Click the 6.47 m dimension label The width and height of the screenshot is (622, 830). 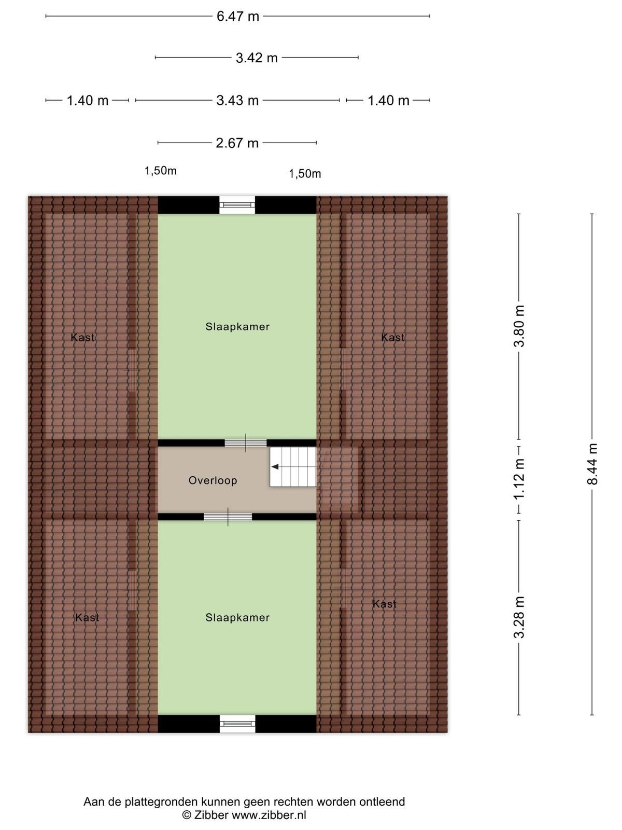pyautogui.click(x=237, y=16)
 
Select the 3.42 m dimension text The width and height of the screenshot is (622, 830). pyautogui.click(x=257, y=58)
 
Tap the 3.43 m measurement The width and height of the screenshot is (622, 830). pyautogui.click(x=237, y=101)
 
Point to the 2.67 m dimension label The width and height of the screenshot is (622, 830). pyautogui.click(x=237, y=143)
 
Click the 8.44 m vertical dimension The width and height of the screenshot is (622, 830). pyautogui.click(x=592, y=464)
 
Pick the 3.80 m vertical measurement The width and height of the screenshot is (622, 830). pyautogui.click(x=519, y=326)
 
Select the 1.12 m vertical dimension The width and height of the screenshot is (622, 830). pyautogui.click(x=519, y=479)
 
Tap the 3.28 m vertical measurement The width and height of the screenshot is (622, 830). pyautogui.click(x=519, y=617)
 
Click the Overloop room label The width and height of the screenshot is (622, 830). pyautogui.click(x=213, y=480)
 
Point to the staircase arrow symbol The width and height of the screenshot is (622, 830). pyautogui.click(x=275, y=466)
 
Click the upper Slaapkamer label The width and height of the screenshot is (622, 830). pyautogui.click(x=237, y=326)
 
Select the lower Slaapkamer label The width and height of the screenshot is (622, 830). pyautogui.click(x=237, y=617)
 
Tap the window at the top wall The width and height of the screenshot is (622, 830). pyautogui.click(x=237, y=205)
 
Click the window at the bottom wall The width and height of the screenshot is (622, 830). pyautogui.click(x=237, y=724)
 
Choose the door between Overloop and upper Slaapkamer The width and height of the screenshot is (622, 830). pyautogui.click(x=246, y=443)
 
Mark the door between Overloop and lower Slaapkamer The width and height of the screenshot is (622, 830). pyautogui.click(x=228, y=517)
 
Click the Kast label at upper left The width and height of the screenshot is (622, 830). pyautogui.click(x=83, y=337)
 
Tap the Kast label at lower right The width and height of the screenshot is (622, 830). pyautogui.click(x=385, y=604)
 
